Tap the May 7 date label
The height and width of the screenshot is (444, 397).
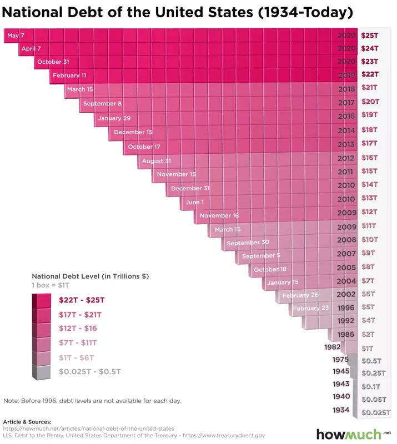click(15, 36)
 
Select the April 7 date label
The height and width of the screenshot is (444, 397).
click(31, 49)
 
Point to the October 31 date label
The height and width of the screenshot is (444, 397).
click(53, 62)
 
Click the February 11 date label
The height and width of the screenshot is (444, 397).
click(70, 75)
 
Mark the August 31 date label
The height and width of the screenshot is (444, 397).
click(156, 162)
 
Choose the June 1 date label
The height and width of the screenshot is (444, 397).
click(194, 203)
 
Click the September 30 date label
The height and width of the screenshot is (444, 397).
click(248, 243)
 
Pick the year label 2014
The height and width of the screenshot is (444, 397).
click(346, 131)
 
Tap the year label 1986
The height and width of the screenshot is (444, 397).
click(346, 335)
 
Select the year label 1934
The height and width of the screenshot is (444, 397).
click(341, 410)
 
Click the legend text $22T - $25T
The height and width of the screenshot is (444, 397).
click(82, 300)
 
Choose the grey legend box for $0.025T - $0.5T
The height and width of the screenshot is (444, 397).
click(41, 372)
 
